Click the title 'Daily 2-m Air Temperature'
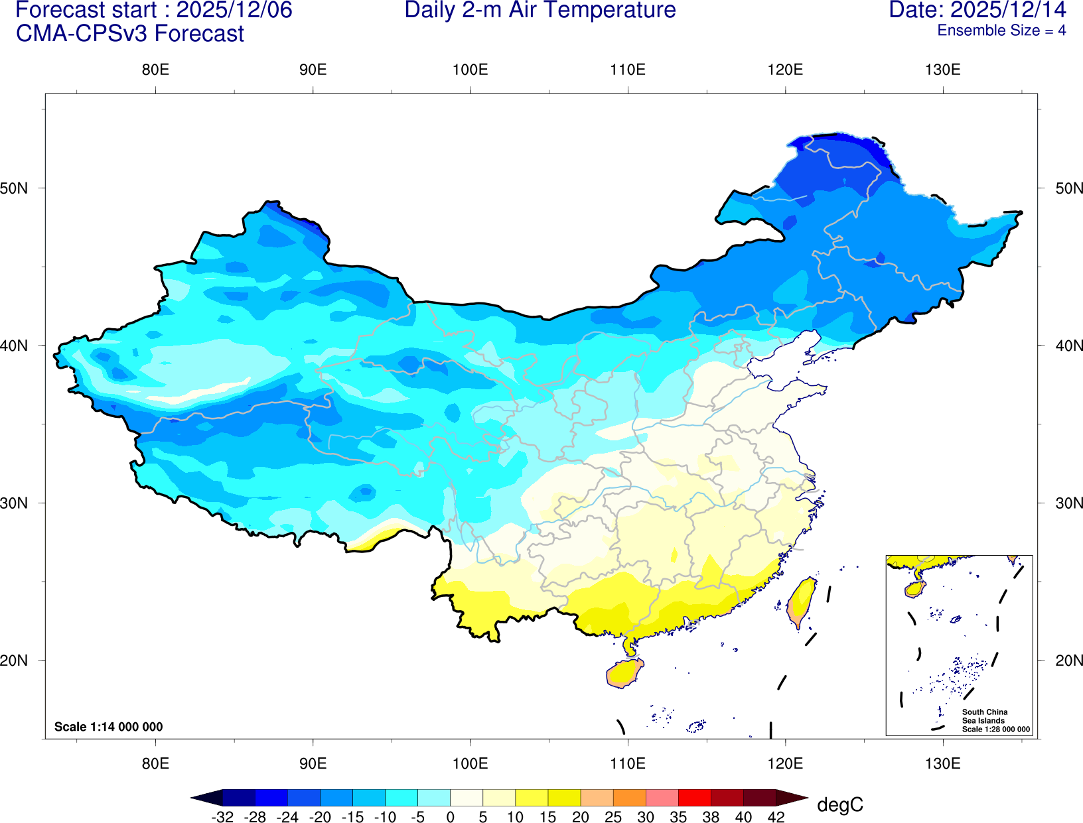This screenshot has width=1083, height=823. pos(540,11)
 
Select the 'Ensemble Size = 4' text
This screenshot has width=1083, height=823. pos(1001,31)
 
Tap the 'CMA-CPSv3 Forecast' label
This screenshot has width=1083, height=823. pos(130,34)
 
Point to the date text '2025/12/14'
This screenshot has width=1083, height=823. pos(1008,11)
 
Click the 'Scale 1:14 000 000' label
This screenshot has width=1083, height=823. pos(108,727)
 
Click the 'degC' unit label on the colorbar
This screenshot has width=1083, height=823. pos(839,805)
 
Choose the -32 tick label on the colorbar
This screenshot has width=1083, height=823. pos(222,817)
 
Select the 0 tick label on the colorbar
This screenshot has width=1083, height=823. pos(450,817)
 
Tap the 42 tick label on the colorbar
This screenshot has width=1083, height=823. pos(776,817)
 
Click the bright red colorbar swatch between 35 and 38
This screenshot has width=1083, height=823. pos(694,797)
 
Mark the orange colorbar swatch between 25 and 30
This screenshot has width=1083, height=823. pos(629,797)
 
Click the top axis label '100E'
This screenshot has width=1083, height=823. pos(470,70)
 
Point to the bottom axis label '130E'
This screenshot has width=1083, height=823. pos(942,763)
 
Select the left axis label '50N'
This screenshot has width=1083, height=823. pos(15,188)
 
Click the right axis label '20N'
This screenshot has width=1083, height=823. pos(1068,661)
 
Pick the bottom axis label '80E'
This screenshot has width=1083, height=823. pos(155,763)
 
